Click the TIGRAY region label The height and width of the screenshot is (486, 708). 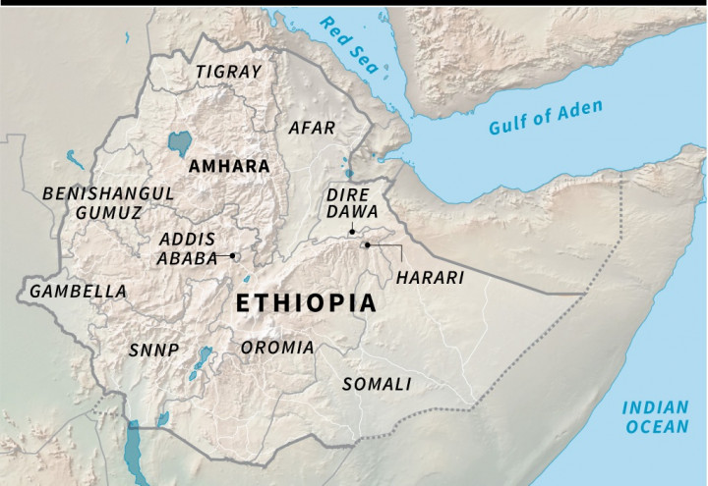click(x=228, y=72)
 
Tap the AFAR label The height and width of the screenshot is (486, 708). click(x=312, y=128)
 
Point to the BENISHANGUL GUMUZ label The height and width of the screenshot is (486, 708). click(x=108, y=202)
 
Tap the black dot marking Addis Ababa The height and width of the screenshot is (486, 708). click(x=233, y=255)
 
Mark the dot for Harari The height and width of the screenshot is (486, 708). click(x=366, y=244)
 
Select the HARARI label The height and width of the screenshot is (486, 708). click(x=429, y=278)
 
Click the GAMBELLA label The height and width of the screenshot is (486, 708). click(x=78, y=292)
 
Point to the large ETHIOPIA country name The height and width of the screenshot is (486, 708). click(x=306, y=303)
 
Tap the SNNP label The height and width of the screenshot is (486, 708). click(x=153, y=350)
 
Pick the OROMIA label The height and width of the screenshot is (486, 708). click(x=278, y=348)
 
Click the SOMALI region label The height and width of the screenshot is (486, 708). click(x=376, y=384)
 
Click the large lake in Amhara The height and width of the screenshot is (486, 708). click(x=180, y=143)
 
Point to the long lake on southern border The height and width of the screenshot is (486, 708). click(x=134, y=447)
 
